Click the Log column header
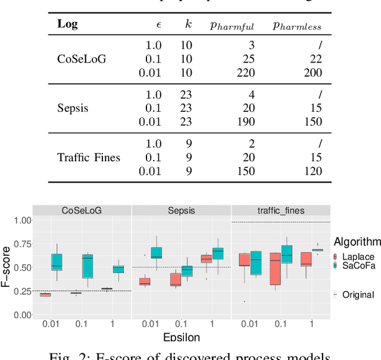[x=67, y=24]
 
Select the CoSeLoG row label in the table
[x=82, y=59]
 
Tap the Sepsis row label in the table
[x=73, y=108]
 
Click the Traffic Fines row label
[x=89, y=158]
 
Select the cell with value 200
[x=312, y=73]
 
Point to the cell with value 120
[x=312, y=171]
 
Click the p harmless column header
[x=297, y=26]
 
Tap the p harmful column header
[x=232, y=26]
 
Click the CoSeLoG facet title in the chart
[x=81, y=211]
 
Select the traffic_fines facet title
[x=280, y=211]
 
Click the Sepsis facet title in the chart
[x=180, y=211]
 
